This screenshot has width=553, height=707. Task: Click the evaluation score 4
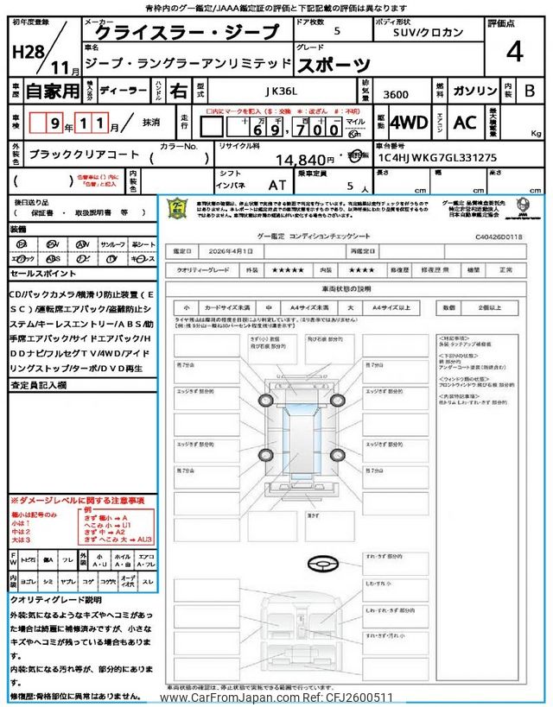[x=514, y=52]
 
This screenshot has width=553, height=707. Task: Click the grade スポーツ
[x=334, y=64]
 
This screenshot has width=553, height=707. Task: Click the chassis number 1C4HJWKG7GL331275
[x=435, y=158]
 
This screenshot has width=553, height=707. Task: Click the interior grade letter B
[x=529, y=90]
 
